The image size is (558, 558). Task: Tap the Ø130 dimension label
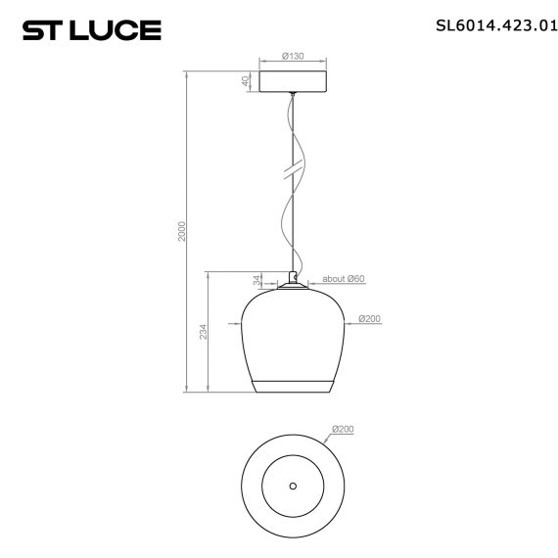click(x=292, y=57)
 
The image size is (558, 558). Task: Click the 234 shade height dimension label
click(x=202, y=333)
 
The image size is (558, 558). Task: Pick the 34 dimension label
click(x=256, y=280)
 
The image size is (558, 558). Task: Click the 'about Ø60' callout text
click(x=344, y=279)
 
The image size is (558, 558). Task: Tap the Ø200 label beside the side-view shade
click(x=370, y=318)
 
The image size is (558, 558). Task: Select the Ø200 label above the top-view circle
click(x=343, y=429)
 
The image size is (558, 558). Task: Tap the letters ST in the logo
click(x=43, y=30)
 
